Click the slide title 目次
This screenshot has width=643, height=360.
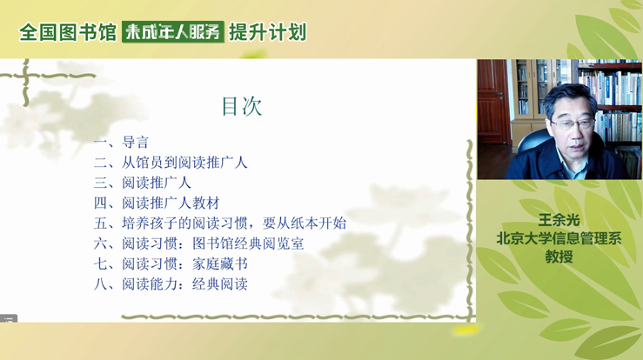point(242,106)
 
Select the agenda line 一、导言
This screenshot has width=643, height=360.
point(121,143)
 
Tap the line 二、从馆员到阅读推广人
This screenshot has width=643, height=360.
point(171,163)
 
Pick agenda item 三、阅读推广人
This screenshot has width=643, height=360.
point(143,183)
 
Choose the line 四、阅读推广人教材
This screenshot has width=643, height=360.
point(157,203)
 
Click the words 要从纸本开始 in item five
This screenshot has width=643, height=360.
point(305,223)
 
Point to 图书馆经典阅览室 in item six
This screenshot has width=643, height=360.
point(248,243)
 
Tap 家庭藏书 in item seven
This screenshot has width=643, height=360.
point(220,263)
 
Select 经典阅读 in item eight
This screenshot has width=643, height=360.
point(220,283)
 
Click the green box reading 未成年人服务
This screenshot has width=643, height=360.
point(173,32)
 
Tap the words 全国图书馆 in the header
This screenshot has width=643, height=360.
point(68,32)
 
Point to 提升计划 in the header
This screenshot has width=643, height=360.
point(268,32)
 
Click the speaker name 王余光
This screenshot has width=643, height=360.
point(559,220)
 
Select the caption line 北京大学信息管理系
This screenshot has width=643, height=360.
point(559,238)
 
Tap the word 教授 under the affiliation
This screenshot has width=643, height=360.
point(559,257)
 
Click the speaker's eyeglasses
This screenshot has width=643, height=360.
point(572,123)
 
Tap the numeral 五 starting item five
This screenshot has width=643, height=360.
point(100,223)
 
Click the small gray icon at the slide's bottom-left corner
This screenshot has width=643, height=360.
point(9,318)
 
